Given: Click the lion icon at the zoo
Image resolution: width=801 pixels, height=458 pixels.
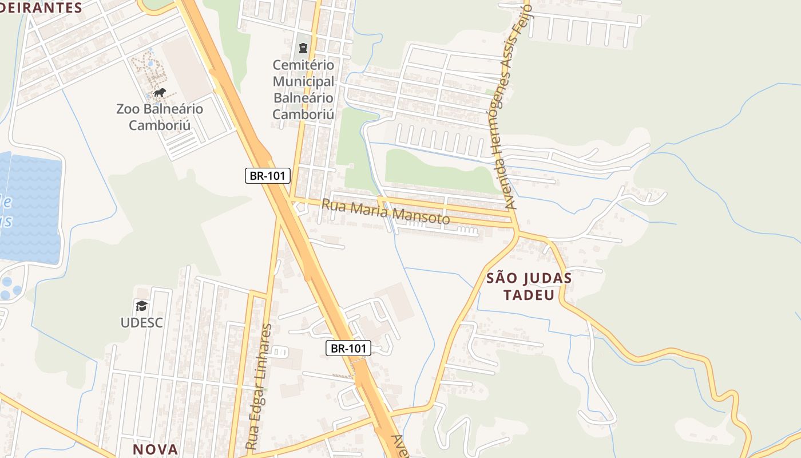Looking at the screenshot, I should point(160,92).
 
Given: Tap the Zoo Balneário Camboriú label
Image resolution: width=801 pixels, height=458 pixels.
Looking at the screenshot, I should point(160,117).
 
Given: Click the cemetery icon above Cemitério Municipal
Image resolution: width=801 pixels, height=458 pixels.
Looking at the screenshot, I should point(303,48).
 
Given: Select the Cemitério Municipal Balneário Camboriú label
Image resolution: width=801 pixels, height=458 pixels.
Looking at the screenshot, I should point(303,89).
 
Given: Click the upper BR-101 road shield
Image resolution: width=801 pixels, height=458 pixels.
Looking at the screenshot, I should point(268,176).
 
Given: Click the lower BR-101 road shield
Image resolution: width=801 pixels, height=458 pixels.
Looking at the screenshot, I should point(348,348).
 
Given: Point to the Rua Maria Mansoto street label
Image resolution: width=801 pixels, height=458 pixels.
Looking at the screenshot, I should point(386,212).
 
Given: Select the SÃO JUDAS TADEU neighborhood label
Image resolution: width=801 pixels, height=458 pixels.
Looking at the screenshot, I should point(529,286).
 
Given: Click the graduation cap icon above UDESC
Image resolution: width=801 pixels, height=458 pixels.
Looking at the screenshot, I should point(141,306).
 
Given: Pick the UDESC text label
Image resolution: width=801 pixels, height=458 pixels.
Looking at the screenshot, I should point(141,322).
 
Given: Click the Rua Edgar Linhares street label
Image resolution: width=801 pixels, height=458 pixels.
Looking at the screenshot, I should point(259,386).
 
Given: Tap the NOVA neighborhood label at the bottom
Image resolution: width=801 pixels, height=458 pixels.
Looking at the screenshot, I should point(156,449).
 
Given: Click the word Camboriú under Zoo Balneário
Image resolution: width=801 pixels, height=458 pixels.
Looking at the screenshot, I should point(160,125).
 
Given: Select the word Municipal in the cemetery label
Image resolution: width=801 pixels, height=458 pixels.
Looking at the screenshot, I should point(303,81).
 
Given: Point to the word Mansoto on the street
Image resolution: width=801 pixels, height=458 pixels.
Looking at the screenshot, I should point(421,216).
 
